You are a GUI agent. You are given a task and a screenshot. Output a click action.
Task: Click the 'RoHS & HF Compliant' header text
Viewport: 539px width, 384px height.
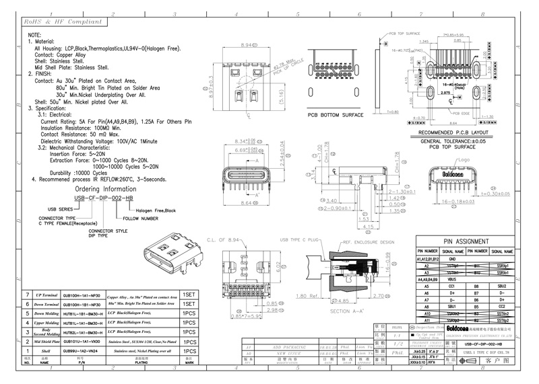pos(57,22)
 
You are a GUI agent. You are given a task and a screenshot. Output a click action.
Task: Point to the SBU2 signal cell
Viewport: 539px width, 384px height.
pos(502,286)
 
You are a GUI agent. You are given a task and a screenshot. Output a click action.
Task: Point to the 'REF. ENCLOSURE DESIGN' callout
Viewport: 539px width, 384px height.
pos(369,241)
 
